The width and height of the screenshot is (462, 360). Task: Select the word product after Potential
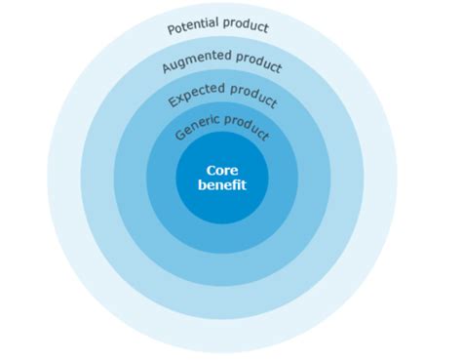point(247,25)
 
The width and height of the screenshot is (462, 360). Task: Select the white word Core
point(222,168)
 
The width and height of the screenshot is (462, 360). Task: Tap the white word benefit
point(222,184)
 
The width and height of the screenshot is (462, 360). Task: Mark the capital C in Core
point(211,168)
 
